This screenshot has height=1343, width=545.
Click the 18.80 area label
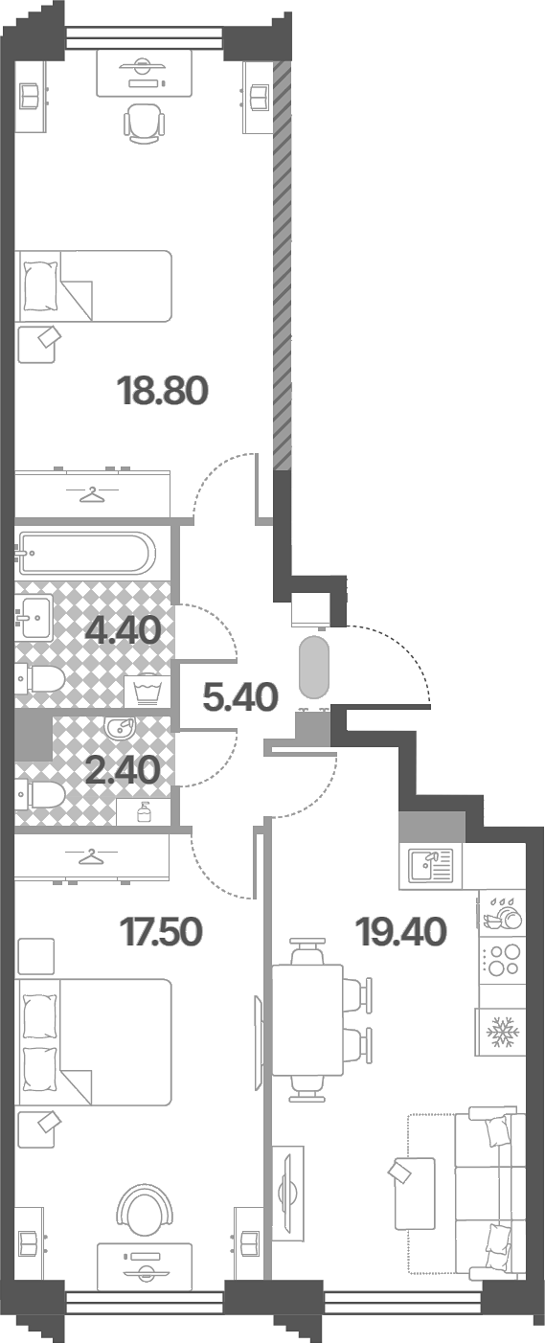(x=164, y=390)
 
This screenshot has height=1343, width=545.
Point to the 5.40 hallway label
(x=240, y=696)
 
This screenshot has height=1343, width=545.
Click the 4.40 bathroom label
(x=123, y=629)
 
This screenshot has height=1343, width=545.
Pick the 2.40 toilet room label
(x=123, y=770)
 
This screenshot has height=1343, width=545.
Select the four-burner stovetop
(x=502, y=960)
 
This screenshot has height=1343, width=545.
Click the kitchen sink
(x=431, y=867)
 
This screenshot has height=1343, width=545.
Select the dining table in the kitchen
(x=307, y=1020)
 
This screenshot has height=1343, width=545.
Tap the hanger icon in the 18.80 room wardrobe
(x=91, y=495)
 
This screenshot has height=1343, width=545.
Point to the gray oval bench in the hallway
(x=314, y=667)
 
